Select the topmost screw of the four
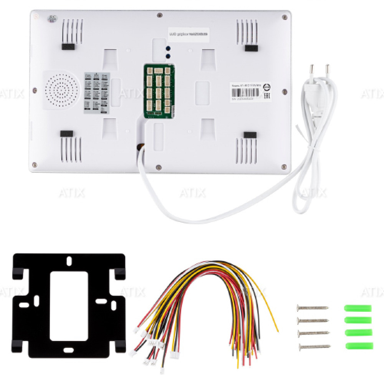[x=313, y=308]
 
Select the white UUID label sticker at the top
[x=188, y=34]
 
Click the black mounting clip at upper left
[x=67, y=46]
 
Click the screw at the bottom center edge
[x=158, y=166]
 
